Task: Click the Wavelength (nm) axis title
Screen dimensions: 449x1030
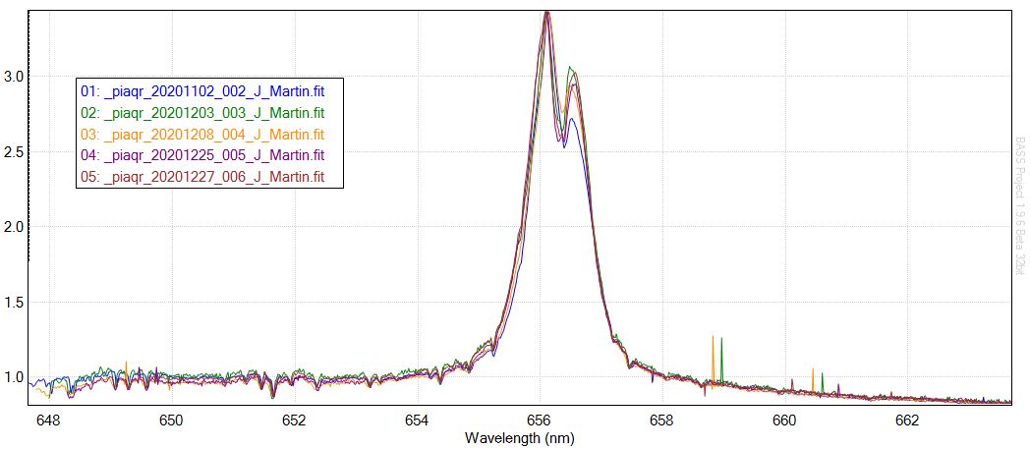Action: click(x=520, y=438)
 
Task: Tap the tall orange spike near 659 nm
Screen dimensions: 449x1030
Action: click(x=713, y=354)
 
